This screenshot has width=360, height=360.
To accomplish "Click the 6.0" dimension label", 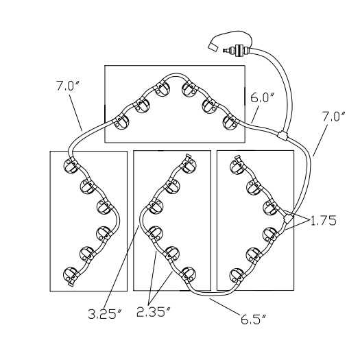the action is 262,98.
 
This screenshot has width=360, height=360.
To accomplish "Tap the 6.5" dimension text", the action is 253,319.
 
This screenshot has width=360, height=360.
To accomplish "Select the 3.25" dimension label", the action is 104,314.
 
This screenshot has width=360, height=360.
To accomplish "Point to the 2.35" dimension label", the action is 154,311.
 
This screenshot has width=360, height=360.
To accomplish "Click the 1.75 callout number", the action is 324,221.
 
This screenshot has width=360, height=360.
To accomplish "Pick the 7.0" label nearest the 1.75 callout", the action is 334,117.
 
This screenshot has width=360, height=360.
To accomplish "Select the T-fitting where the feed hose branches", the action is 283,136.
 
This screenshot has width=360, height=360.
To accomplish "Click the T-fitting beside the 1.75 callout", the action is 288,219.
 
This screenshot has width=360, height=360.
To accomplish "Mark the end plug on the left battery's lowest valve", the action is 71,285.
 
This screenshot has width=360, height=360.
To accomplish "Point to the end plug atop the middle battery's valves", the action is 189,156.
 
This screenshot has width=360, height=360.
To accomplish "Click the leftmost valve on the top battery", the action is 121,122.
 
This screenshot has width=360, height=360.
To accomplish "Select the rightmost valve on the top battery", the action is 230,122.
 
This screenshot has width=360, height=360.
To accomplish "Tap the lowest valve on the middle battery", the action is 189,274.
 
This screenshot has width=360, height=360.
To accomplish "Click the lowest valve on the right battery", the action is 237,276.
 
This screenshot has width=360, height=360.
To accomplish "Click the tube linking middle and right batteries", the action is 213,293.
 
